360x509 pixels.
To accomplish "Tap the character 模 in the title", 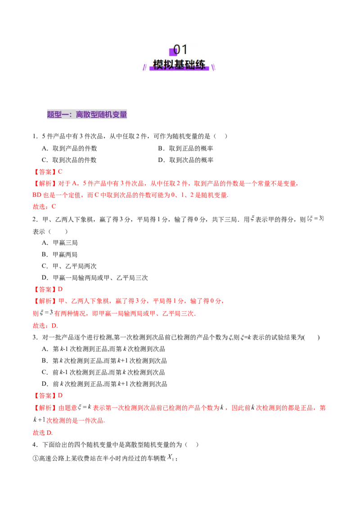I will click(x=158, y=65).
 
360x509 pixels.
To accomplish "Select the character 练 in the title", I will click(x=200, y=65).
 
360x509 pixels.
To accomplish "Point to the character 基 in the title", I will click(x=179, y=65).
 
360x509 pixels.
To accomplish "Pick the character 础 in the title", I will click(x=189, y=65).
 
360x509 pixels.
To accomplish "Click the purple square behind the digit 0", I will click(x=173, y=52).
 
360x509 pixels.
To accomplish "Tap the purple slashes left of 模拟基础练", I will click(x=145, y=67).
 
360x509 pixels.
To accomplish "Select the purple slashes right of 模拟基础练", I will click(x=213, y=67).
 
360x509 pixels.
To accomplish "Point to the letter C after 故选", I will click(x=54, y=207).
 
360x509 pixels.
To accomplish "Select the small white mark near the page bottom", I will click(x=169, y=457).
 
